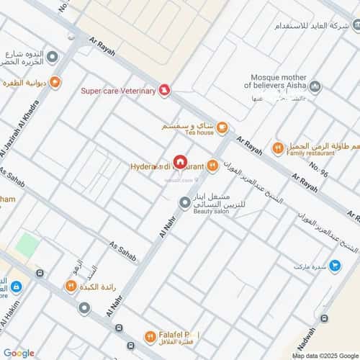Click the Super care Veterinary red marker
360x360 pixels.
pos(165,90)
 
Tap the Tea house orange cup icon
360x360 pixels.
pos(222,128)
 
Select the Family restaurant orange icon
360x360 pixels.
pos(277,148)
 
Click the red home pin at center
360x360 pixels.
pos(180,164)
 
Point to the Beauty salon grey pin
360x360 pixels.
pos(186,204)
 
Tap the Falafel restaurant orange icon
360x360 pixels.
pos(150,336)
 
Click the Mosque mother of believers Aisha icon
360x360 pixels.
pos(315,87)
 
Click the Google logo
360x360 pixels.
pos(18,353)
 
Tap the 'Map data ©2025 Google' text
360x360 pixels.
pos(325,355)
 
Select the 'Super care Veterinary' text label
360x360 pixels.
pos(118,90)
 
